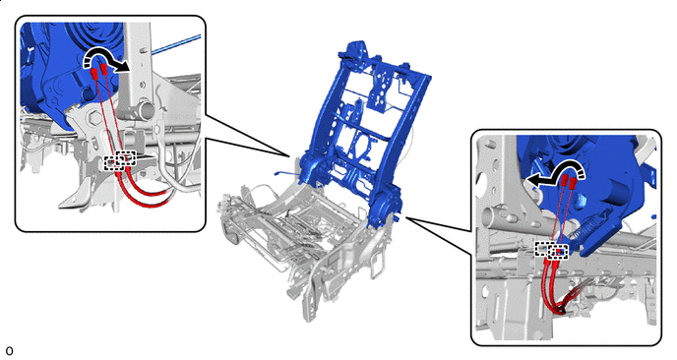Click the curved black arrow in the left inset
[103, 52]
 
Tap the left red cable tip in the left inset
[93, 74]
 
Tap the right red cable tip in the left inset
[103, 69]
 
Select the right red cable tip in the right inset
[573, 183]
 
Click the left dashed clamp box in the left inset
[113, 163]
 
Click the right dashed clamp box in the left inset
[127, 158]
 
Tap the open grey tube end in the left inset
[146, 110]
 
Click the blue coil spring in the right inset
[584, 228]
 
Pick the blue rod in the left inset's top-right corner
[176, 45]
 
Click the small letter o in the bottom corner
[9, 350]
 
